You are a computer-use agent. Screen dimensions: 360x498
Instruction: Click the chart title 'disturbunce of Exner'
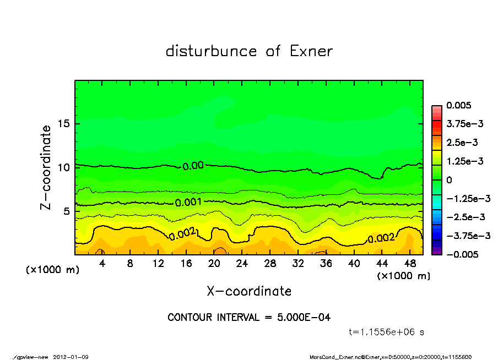click(249, 51)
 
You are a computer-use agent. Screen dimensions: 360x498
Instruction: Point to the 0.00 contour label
click(193, 166)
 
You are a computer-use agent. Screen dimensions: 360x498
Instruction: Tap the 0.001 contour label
click(188, 203)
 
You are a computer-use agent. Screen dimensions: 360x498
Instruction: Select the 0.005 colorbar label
click(459, 106)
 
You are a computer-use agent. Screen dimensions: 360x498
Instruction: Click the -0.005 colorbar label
click(461, 254)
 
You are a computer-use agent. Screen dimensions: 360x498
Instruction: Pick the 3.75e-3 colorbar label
click(465, 124)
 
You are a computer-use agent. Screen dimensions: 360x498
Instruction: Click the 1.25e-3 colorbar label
click(465, 161)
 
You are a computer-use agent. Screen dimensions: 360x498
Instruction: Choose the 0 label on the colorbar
click(450, 180)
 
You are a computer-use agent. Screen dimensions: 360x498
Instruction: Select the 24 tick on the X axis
click(242, 264)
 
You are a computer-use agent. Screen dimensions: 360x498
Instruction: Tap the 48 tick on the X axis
click(410, 264)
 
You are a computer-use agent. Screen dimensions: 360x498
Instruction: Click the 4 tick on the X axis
click(102, 264)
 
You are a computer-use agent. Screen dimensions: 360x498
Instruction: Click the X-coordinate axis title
click(249, 291)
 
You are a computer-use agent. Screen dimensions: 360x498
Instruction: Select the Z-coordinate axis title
click(46, 167)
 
